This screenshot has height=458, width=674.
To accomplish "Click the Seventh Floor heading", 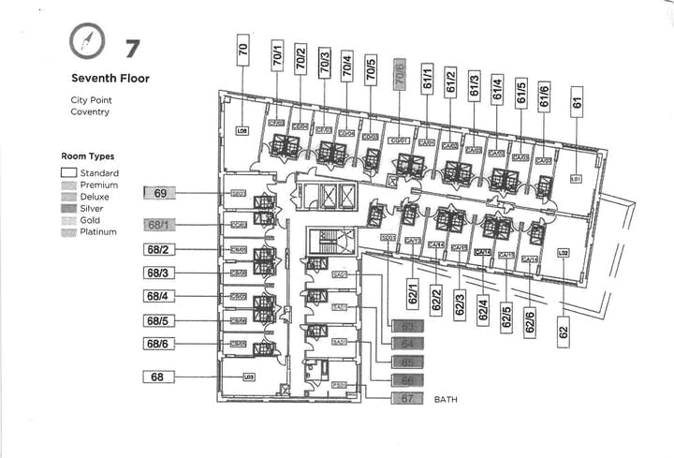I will pyautogui.click(x=110, y=79).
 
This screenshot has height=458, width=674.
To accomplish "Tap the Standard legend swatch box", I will pyautogui.click(x=68, y=173).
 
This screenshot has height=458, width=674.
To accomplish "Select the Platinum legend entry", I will pyautogui.click(x=98, y=231).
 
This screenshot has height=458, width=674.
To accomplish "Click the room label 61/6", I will pyautogui.click(x=545, y=94).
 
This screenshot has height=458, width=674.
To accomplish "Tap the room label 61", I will pyautogui.click(x=578, y=101).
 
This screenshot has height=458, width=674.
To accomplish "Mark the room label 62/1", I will pyautogui.click(x=412, y=292).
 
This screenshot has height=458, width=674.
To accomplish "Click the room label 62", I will pyautogui.click(x=564, y=331).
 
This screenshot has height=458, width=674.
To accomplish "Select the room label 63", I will pyautogui.click(x=407, y=327).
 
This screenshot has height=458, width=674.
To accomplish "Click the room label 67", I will pyautogui.click(x=407, y=398).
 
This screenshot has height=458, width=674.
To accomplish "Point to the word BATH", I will pyautogui.click(x=446, y=399).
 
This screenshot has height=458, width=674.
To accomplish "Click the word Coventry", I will pyautogui.click(x=90, y=111).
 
